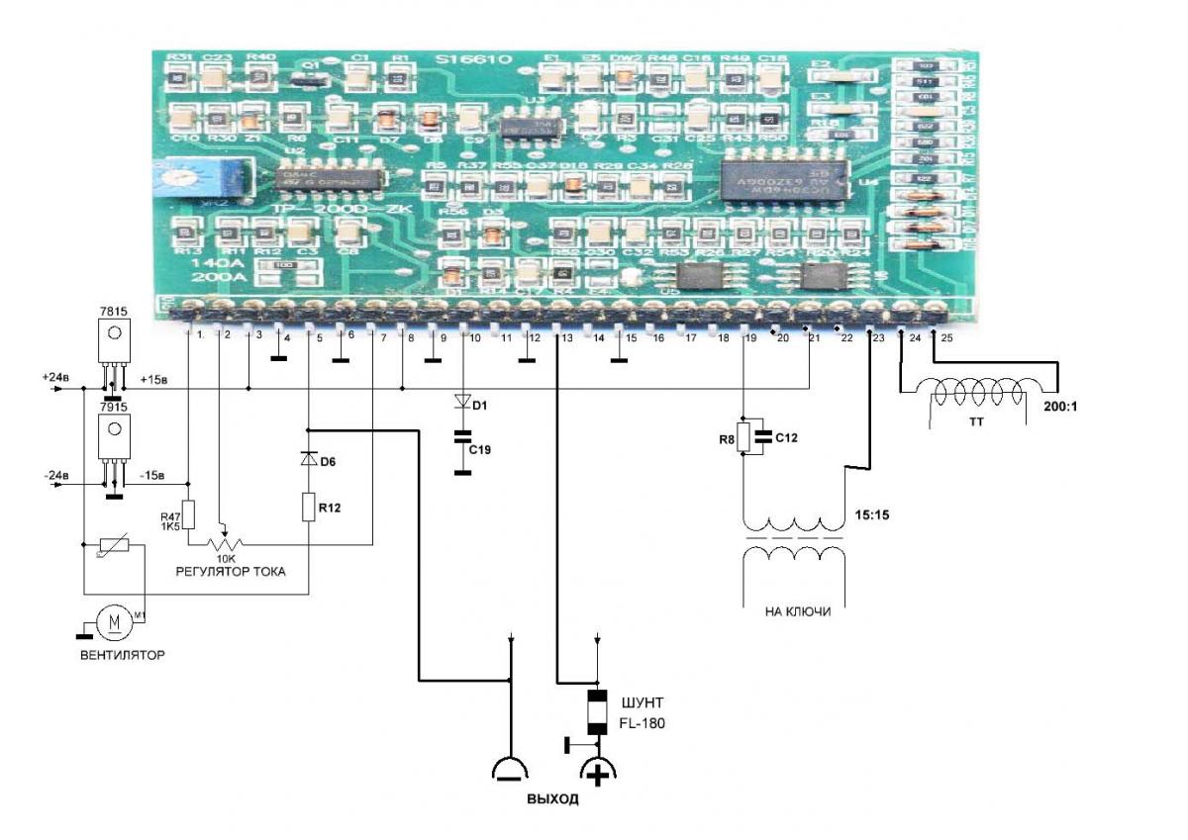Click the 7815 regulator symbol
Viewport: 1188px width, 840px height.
(115, 342)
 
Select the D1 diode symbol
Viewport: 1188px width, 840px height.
(461, 403)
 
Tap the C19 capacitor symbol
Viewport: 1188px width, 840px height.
(461, 436)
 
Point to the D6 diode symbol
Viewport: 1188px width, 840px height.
(309, 459)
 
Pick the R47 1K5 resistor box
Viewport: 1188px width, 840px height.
(188, 515)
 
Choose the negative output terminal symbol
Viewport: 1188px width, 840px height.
(511, 769)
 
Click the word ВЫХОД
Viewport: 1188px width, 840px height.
(552, 798)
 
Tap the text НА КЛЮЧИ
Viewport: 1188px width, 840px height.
(797, 612)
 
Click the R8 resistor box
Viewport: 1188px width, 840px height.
(743, 436)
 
